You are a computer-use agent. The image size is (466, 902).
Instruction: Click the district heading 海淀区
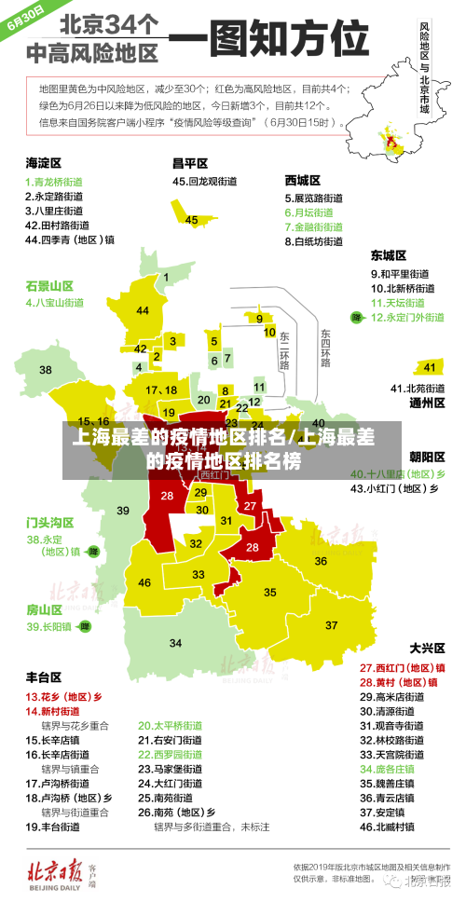point(43,162)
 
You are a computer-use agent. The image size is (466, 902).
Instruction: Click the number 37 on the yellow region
point(332,624)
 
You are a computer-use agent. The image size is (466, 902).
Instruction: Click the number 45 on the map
point(191,220)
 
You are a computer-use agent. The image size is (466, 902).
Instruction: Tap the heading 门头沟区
point(49,522)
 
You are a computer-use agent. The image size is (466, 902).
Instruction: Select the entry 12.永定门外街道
point(407,318)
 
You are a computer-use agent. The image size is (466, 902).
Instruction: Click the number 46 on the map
point(144,582)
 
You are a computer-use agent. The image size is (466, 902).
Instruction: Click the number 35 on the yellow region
point(270,592)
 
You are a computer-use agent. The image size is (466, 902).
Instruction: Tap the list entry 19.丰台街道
point(56,826)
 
